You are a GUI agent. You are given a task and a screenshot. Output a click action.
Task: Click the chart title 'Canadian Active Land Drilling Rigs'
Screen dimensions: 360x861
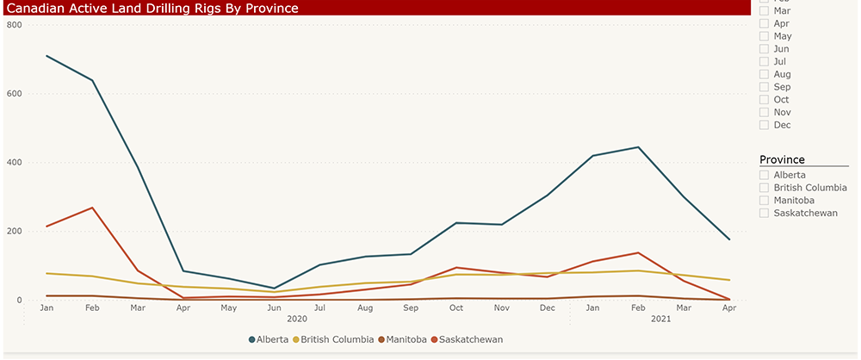(x=152, y=9)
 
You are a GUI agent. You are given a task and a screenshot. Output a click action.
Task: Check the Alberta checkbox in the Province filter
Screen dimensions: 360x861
(x=765, y=175)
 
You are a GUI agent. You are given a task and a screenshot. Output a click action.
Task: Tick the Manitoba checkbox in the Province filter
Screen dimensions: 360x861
(x=765, y=200)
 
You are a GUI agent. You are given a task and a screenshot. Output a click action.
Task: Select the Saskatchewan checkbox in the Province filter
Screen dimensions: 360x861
(x=765, y=213)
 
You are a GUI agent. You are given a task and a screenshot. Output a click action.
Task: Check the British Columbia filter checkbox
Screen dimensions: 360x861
(x=765, y=188)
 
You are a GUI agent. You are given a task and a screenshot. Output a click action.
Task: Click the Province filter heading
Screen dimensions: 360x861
(x=782, y=159)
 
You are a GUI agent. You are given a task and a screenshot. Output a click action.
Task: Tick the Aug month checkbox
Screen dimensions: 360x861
(x=765, y=75)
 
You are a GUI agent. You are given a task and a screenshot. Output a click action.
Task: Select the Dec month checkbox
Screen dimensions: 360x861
(x=765, y=125)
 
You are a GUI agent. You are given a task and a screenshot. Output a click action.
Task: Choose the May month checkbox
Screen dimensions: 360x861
(x=765, y=37)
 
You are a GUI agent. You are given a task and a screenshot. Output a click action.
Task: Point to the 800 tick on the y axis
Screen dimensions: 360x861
(x=14, y=25)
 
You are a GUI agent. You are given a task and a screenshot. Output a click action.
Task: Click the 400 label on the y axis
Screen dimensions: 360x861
(x=14, y=163)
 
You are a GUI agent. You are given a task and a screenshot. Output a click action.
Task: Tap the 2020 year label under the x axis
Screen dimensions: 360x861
(x=297, y=320)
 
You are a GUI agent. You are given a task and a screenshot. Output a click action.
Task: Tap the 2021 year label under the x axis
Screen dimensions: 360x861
(x=660, y=320)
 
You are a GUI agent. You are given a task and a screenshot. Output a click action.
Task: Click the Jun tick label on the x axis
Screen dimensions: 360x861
(x=274, y=307)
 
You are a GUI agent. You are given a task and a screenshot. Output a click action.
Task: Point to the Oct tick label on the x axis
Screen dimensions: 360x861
(x=456, y=307)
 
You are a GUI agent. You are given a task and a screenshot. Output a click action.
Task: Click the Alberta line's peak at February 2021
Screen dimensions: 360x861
(x=638, y=147)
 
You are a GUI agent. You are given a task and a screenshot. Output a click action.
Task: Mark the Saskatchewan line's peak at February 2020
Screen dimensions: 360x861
(x=92, y=208)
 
